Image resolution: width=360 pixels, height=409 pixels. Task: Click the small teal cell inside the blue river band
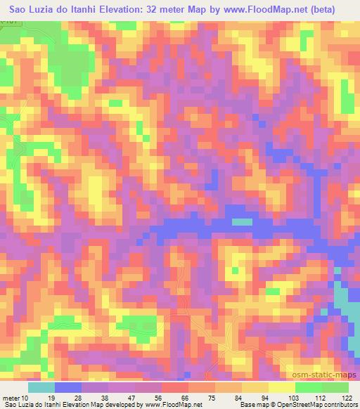pos(242,222)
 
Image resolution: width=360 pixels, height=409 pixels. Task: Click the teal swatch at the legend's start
pos(41,387)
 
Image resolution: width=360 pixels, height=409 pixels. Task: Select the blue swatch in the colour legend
pos(68,387)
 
